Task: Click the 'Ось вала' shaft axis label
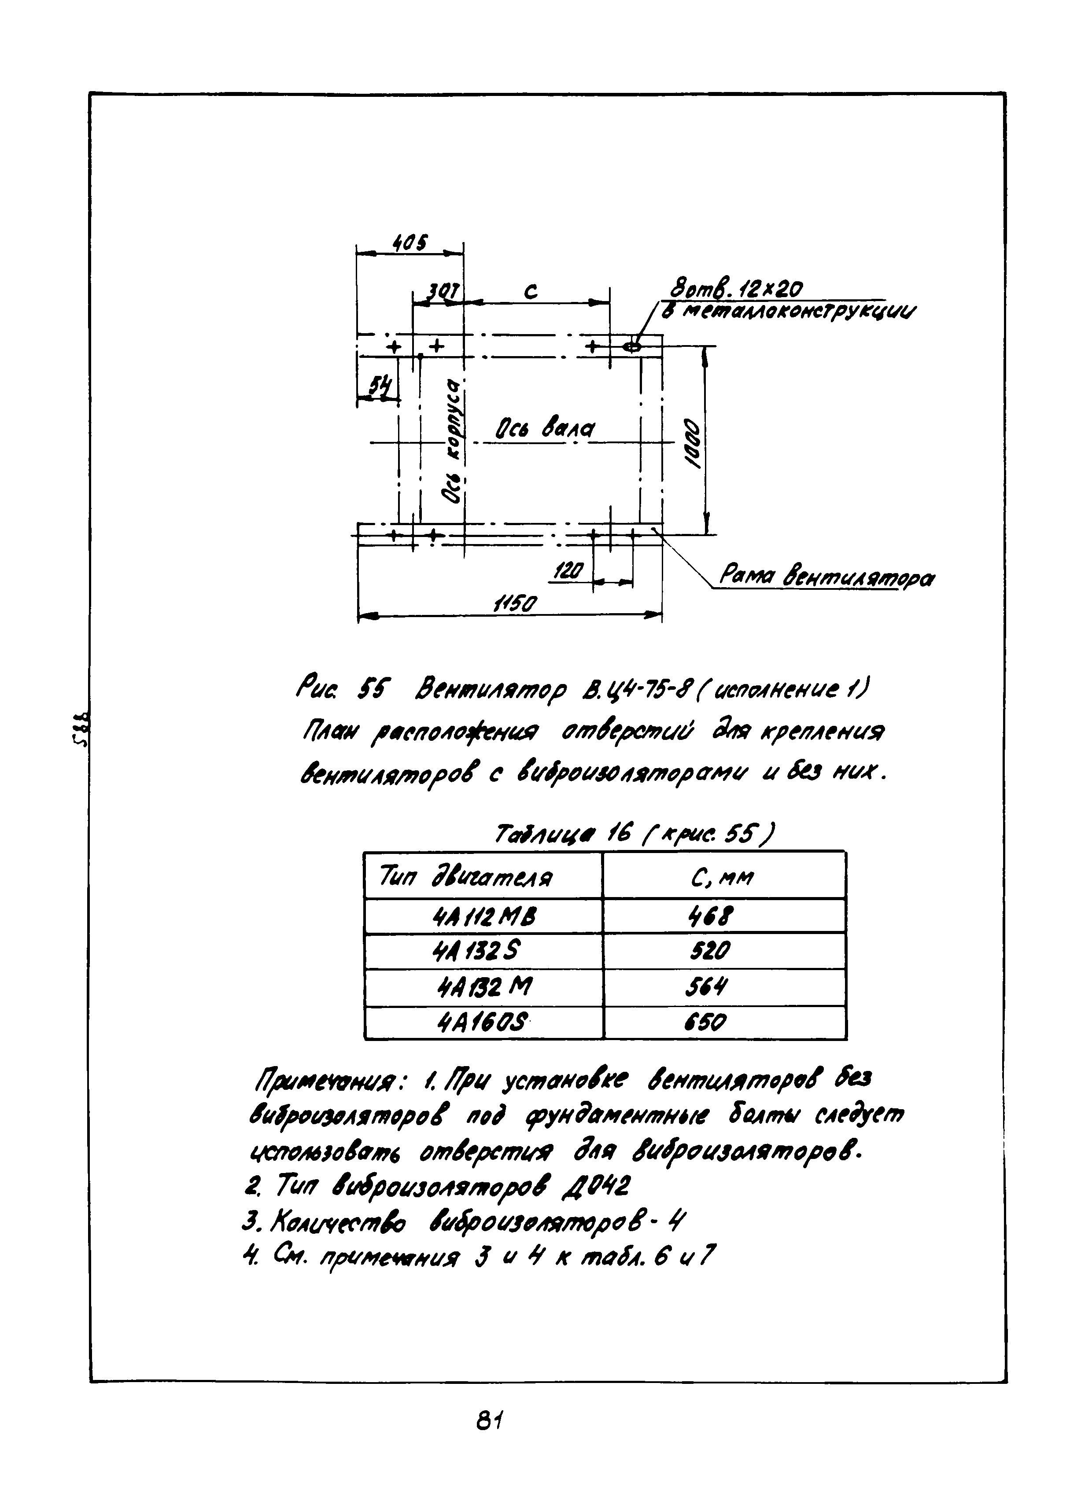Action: [544, 430]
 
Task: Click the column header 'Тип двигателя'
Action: [465, 878]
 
